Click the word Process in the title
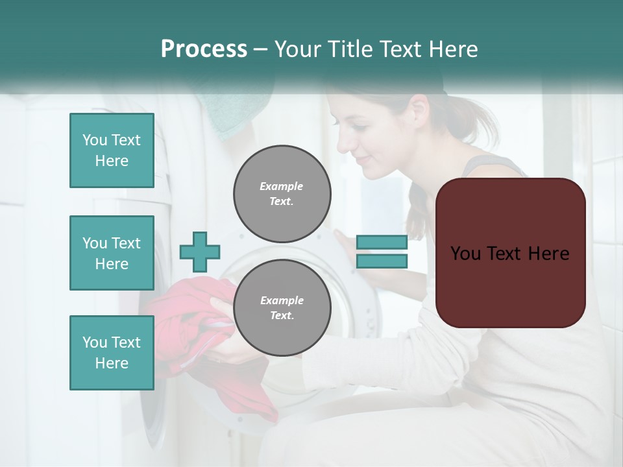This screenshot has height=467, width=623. tap(204, 49)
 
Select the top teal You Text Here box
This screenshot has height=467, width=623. tap(112, 150)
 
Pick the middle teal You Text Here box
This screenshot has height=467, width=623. tap(112, 253)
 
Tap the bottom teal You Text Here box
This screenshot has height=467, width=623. tap(112, 353)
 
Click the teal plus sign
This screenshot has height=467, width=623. tap(200, 252)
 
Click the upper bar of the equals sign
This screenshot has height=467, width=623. tap(382, 242)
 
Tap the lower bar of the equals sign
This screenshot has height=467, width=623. tap(382, 261)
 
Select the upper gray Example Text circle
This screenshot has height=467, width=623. tap(282, 194)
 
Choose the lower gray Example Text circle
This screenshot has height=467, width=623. tap(282, 308)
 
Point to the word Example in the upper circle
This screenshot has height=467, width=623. tap(282, 186)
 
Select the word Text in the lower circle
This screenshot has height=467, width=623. tap(281, 316)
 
